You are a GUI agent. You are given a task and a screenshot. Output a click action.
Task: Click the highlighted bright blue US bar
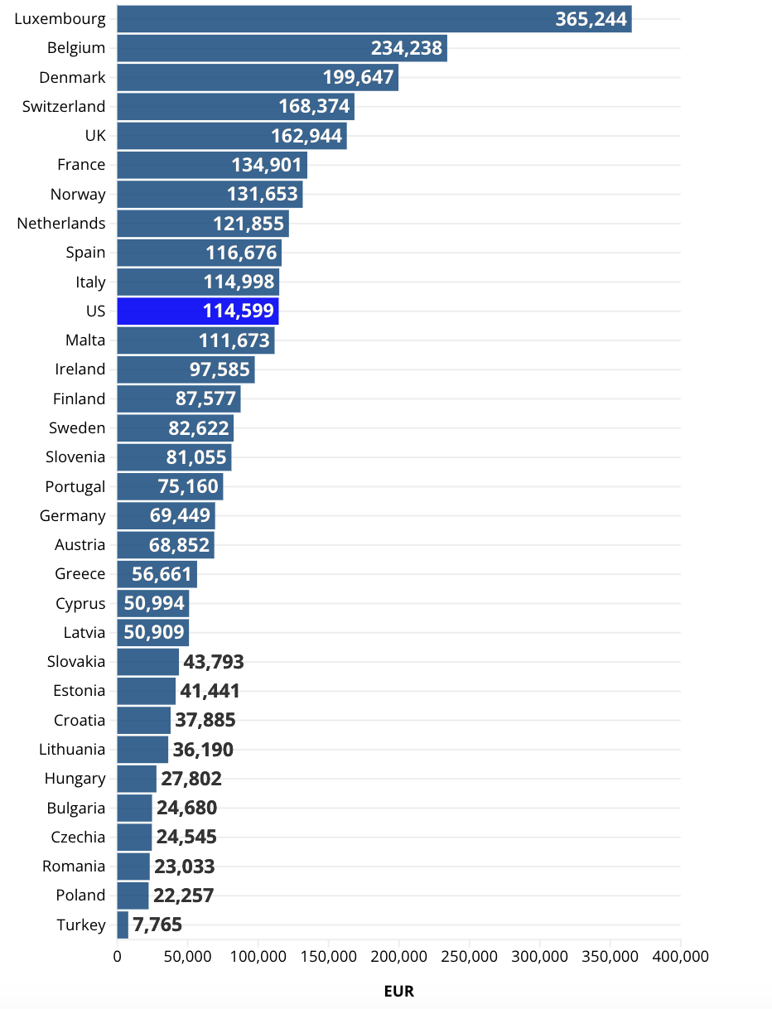(197, 311)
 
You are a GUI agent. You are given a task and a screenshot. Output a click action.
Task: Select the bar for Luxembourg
(374, 19)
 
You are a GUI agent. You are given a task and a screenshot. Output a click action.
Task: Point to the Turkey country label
(81, 925)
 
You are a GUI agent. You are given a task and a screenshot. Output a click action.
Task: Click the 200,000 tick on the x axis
(398, 956)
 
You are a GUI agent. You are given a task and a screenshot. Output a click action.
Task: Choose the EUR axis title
(398, 991)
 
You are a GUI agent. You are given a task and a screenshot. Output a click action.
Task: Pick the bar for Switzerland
(235, 107)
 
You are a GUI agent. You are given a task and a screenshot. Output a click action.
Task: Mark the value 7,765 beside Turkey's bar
(157, 925)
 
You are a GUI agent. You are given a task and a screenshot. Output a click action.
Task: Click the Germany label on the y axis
(73, 515)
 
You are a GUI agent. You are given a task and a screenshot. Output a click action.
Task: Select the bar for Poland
(133, 896)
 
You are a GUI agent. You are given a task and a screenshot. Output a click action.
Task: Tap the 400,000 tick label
(680, 956)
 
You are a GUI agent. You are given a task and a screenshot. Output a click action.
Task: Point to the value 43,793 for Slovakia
(214, 662)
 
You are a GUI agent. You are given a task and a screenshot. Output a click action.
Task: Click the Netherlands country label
(61, 224)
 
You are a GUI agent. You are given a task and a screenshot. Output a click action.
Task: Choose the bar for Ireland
(186, 369)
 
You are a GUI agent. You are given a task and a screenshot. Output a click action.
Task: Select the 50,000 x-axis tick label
(187, 956)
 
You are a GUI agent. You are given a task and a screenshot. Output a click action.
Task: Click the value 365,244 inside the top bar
(591, 19)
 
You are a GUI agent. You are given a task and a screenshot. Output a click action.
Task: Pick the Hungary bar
(137, 779)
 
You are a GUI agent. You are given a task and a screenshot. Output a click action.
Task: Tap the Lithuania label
(72, 750)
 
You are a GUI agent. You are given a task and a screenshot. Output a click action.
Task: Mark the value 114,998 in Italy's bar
(239, 282)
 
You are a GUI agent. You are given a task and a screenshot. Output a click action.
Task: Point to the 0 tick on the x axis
(117, 956)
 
